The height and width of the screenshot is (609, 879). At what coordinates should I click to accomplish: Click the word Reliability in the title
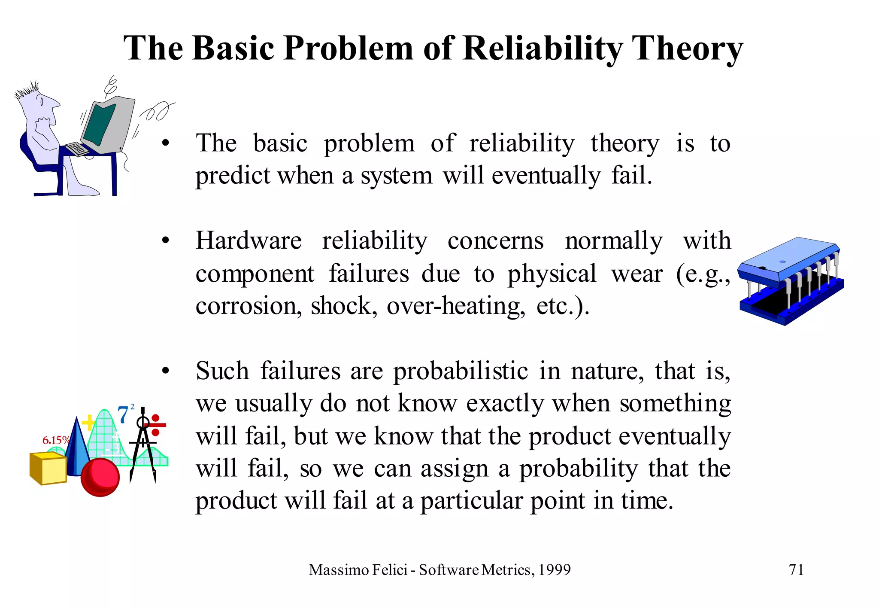point(543,48)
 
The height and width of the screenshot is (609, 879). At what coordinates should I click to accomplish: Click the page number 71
point(796,569)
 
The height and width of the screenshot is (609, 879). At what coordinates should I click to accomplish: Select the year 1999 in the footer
point(555,570)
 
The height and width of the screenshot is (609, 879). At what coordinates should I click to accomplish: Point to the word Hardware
point(249,241)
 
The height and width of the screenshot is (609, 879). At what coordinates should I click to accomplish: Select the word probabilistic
point(461,371)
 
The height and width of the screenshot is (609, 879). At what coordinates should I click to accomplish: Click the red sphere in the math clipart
point(100,477)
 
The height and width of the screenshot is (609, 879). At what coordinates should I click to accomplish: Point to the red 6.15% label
point(55,440)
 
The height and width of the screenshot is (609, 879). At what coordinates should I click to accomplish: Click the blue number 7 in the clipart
point(123,415)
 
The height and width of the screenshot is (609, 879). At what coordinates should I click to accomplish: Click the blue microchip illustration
point(790,279)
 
